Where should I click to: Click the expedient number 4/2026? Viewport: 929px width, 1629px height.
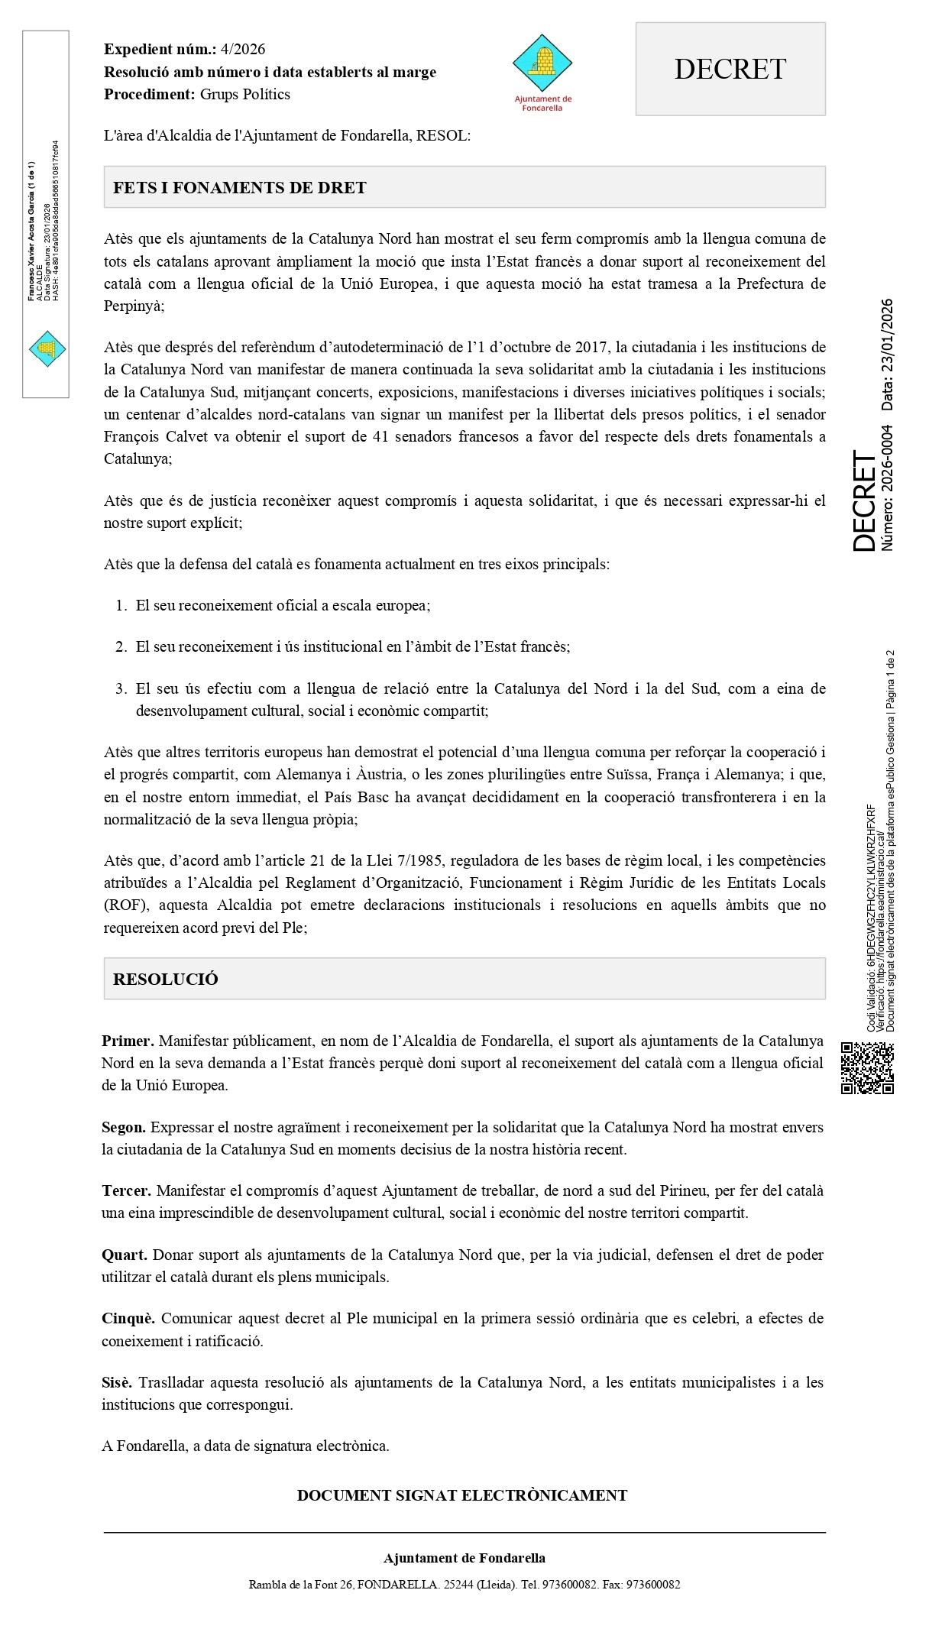coord(242,50)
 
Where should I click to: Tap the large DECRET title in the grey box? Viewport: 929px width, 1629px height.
coord(730,70)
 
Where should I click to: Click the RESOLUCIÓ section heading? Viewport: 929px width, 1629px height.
coord(166,980)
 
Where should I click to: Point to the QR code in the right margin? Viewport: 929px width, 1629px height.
coord(867,1067)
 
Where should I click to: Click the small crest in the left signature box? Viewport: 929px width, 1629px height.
coord(47,349)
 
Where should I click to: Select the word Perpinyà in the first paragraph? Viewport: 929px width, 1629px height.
coord(133,306)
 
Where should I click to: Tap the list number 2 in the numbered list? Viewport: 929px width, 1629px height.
coord(121,647)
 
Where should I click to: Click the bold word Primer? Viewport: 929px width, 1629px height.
coord(128,1041)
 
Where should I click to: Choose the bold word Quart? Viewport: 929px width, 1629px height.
coord(125,1255)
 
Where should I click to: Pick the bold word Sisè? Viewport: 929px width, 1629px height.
coord(117,1382)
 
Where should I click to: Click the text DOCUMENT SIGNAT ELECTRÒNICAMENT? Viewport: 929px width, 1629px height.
coord(462,1495)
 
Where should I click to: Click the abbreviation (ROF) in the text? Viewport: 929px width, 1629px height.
coord(122,905)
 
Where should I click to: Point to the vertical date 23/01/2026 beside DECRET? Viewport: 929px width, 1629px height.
coord(887,354)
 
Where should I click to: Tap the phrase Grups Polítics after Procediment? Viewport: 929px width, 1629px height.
coord(245,95)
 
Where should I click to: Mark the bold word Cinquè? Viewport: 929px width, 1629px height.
coord(128,1318)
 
